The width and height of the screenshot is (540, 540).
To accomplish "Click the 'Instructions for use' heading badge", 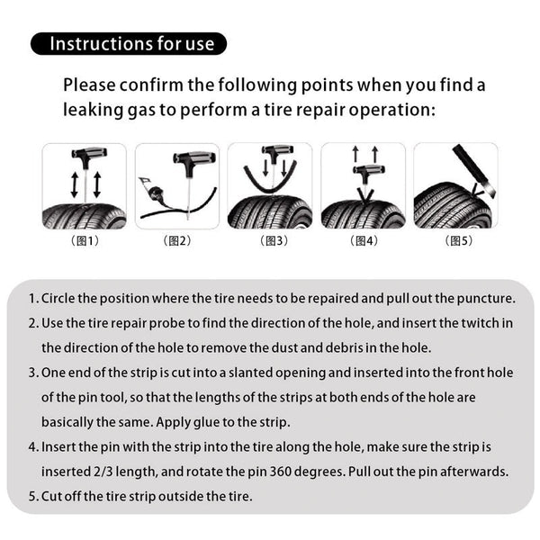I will (x=130, y=43).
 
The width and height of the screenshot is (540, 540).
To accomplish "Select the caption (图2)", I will (x=177, y=241).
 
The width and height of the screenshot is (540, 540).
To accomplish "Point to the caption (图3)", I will (x=270, y=241).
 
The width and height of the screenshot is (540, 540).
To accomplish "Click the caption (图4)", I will (x=363, y=241).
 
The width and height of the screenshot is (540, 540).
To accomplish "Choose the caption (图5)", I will (x=455, y=241).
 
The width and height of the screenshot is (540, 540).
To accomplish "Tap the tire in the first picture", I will (x=85, y=214).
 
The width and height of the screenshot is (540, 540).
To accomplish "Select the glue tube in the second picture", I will (x=155, y=189).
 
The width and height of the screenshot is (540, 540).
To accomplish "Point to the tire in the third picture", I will (x=270, y=212).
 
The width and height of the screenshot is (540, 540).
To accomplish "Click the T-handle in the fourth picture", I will (x=365, y=171).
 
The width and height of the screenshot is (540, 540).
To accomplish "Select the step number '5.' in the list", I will (x=34, y=494).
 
